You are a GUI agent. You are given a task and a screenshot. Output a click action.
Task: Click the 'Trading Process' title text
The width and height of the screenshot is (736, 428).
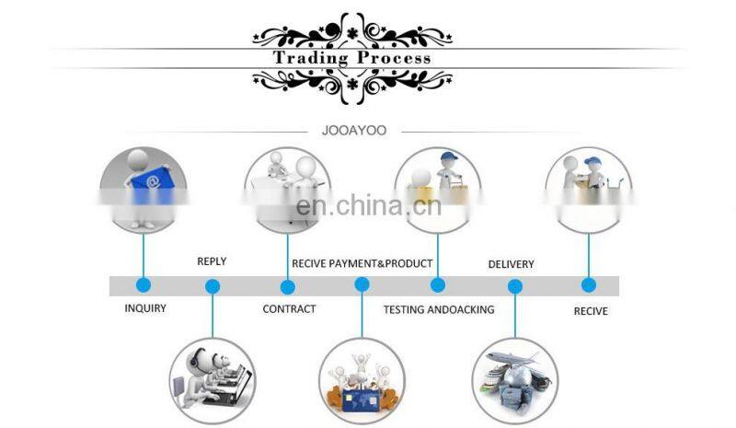tap(351, 58)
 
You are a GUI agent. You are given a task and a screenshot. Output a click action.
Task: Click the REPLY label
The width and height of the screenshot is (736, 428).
tap(212, 261)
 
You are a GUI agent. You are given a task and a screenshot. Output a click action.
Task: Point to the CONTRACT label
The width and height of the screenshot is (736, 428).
tap(289, 309)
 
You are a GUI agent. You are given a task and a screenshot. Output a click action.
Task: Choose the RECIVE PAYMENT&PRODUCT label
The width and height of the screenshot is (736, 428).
tap(362, 263)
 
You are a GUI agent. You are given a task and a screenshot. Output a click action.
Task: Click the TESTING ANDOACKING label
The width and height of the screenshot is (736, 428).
tap(439, 309)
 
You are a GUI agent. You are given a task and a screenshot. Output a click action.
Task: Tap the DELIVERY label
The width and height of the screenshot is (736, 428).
tap(511, 264)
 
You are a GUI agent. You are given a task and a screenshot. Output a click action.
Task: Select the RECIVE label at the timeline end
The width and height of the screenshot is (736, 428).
tap(591, 311)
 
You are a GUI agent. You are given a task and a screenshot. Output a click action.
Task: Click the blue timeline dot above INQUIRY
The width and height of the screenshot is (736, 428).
tap(143, 285)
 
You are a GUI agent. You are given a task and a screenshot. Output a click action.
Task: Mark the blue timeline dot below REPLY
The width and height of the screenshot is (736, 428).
tap(213, 286)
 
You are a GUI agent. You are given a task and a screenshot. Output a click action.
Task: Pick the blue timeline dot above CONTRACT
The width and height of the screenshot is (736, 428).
tap(287, 285)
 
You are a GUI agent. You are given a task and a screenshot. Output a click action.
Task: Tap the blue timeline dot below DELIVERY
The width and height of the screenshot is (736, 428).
tap(514, 286)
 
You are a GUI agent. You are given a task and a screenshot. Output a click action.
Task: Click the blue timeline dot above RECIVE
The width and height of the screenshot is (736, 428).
tap(589, 285)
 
